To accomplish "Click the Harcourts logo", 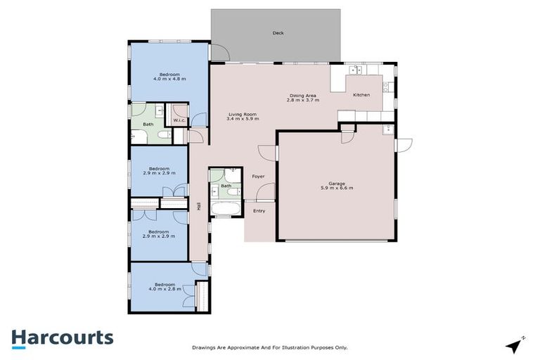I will point(62,337).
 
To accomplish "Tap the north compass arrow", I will point(515,344).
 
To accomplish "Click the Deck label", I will point(278,33).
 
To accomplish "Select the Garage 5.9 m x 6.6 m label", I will point(336,186).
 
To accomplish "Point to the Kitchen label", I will point(361,95).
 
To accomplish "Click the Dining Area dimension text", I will point(303,101).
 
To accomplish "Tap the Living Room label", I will point(241,116).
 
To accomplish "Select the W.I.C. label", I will point(179,119).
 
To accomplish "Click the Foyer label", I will point(259,176).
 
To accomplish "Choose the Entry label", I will point(259,210).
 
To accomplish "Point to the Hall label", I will point(199,207).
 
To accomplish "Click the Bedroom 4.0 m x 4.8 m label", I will point(169,77).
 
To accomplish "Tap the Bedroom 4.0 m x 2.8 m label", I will point(165,286).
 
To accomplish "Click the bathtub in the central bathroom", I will point(226,210).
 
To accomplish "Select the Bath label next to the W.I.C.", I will point(148,124).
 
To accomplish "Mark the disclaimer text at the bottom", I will point(270,347).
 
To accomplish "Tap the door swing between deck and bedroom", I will point(219,53).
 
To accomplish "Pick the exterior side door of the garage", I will point(403,144).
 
